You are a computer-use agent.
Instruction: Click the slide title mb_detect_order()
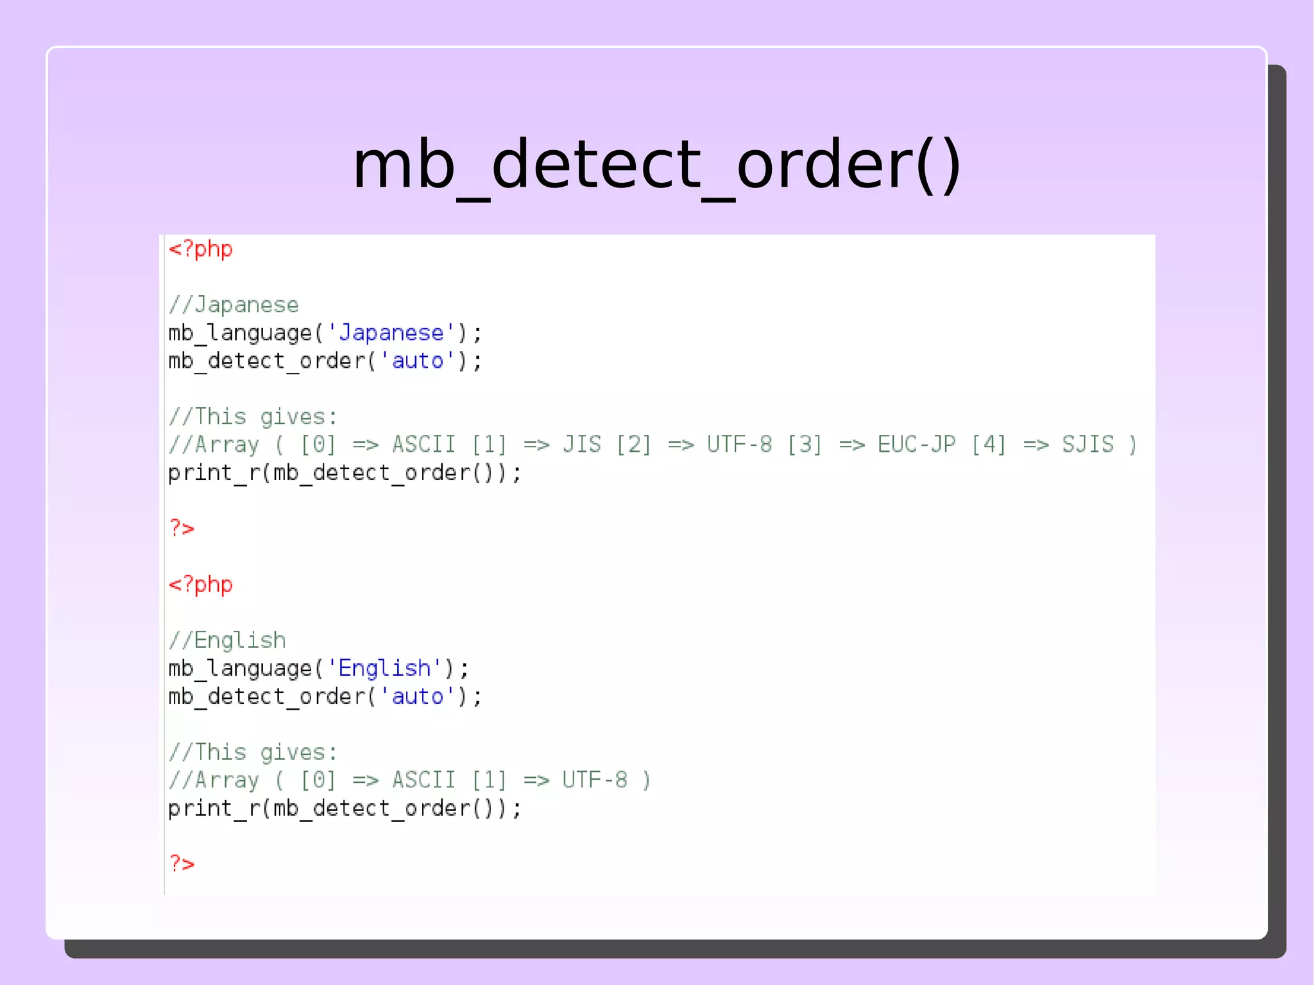coord(656,166)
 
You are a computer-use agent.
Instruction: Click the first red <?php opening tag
coord(200,249)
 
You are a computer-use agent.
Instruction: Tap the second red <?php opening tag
coord(200,585)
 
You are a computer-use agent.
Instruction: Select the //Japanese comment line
coord(234,305)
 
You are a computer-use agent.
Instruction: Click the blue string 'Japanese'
coord(391,333)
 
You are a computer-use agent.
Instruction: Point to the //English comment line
coord(227,640)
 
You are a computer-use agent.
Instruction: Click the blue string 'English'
coord(384,669)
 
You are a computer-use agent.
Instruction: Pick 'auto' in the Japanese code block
coord(418,361)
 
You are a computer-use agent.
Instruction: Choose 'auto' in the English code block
coord(418,697)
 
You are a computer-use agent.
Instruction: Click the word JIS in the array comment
coord(582,445)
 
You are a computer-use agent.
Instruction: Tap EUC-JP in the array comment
coord(916,445)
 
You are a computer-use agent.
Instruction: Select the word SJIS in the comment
coord(1088,445)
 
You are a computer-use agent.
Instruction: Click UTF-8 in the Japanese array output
coord(739,445)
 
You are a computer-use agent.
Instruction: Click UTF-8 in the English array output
coord(595,780)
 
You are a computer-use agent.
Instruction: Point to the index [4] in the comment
coord(988,445)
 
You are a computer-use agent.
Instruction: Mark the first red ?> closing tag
coord(182,528)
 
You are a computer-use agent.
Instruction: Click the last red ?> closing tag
coord(182,864)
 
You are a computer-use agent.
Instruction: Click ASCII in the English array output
coord(423,780)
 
